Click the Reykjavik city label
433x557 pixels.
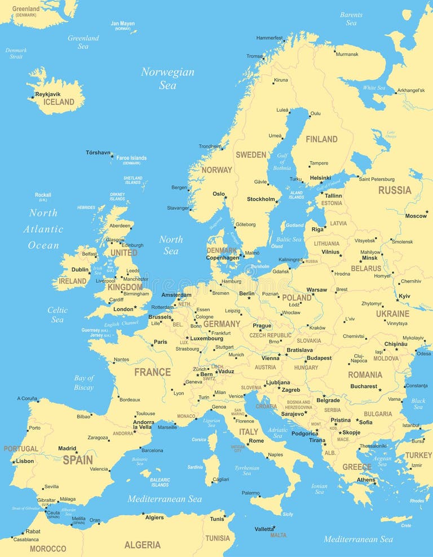click(x=47, y=94)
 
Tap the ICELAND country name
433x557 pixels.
click(x=59, y=102)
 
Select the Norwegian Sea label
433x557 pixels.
click(x=167, y=78)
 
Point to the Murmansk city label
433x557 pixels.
click(x=347, y=54)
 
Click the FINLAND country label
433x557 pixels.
click(x=321, y=139)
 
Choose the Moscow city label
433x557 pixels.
click(x=416, y=216)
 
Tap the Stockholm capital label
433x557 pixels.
click(x=261, y=199)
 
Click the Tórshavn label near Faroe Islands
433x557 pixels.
click(x=98, y=152)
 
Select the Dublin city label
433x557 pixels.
click(x=80, y=269)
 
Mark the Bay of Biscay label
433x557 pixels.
click(x=84, y=383)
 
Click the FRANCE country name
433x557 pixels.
click(x=152, y=372)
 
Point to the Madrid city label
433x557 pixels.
click(x=67, y=449)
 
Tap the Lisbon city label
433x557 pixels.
click(x=25, y=461)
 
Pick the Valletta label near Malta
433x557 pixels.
click(x=264, y=529)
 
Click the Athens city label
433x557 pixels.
click(x=365, y=480)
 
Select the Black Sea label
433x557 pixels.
click(x=418, y=404)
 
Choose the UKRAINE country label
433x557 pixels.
click(x=392, y=313)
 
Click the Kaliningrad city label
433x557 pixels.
click(x=291, y=260)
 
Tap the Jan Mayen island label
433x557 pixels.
click(x=122, y=24)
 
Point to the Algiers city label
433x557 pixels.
click(x=154, y=518)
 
